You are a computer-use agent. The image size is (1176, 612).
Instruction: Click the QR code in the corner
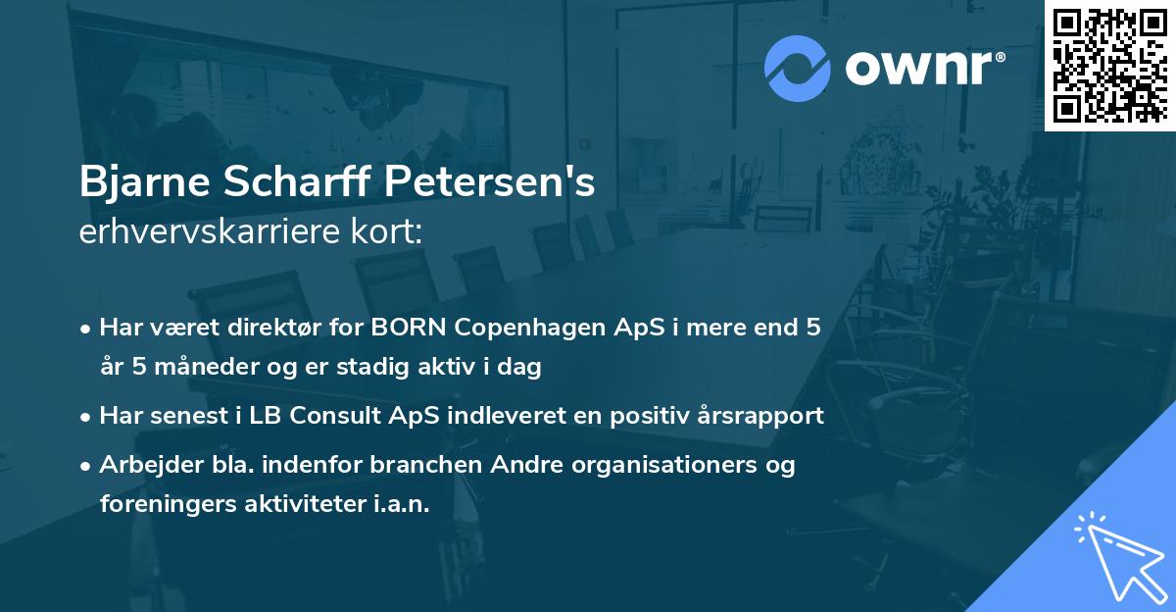[x=1109, y=65]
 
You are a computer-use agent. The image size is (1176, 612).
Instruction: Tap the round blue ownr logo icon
[x=797, y=68]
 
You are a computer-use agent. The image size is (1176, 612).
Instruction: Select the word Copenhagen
[x=523, y=328]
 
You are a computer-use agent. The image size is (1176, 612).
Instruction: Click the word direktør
[x=280, y=328]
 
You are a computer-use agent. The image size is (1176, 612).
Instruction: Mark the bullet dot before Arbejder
[x=87, y=465]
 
